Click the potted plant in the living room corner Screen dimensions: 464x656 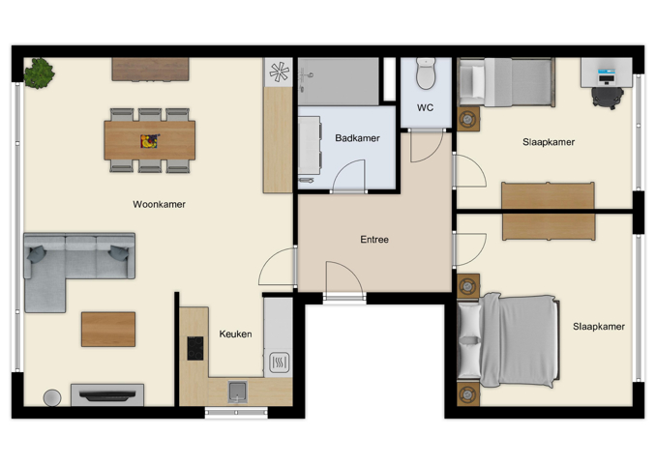click(x=39, y=73)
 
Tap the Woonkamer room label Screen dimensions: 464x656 click(x=159, y=204)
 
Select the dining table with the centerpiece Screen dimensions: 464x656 click(x=149, y=140)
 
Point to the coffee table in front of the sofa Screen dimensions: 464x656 click(x=107, y=329)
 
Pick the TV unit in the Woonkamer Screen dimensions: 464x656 click(x=106, y=394)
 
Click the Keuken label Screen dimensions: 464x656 click(x=235, y=334)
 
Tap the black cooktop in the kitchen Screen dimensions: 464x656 click(x=195, y=348)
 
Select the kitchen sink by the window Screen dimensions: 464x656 click(x=236, y=391)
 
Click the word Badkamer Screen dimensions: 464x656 click(x=357, y=138)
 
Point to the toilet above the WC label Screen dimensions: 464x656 click(x=426, y=73)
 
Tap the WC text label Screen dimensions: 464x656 click(x=425, y=107)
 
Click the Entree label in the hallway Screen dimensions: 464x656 click(x=373, y=239)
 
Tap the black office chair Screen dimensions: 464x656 click(x=606, y=96)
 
